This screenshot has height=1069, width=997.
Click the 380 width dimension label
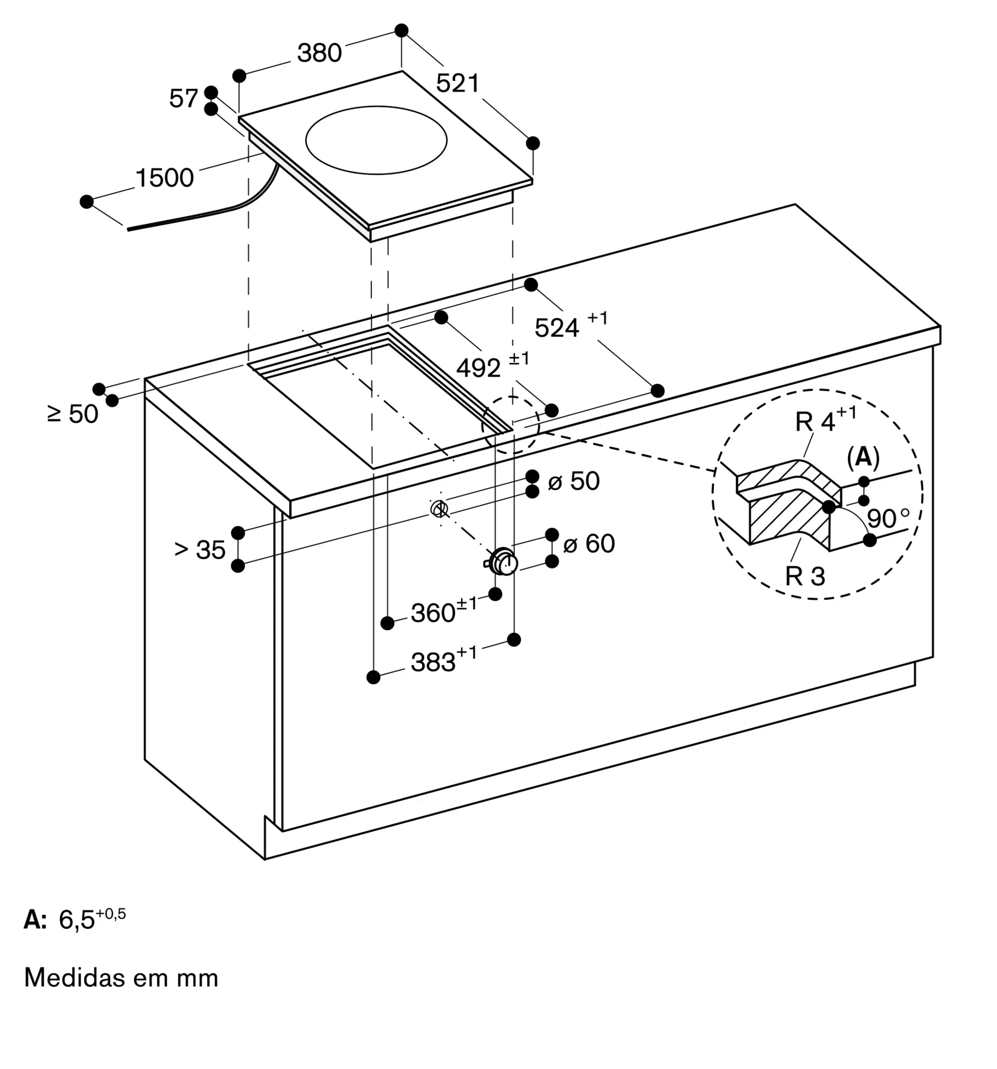coord(320,53)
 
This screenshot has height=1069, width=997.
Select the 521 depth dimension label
coord(457,83)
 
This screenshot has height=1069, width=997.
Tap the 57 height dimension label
coord(184,98)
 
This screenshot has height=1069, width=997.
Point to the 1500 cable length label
coord(165,178)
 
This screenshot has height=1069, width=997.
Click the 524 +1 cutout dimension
coord(571,326)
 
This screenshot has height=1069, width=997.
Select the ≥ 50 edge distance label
coord(73,414)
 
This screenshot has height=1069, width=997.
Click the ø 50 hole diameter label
coord(573,481)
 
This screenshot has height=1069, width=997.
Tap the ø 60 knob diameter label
coord(589,544)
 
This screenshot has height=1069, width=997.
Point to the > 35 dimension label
coord(200,550)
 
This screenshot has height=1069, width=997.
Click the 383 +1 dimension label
coord(444,660)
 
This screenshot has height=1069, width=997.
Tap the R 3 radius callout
coord(805,576)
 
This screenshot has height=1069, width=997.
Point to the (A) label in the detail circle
coord(863,457)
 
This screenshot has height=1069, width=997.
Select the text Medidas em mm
coord(121,978)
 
